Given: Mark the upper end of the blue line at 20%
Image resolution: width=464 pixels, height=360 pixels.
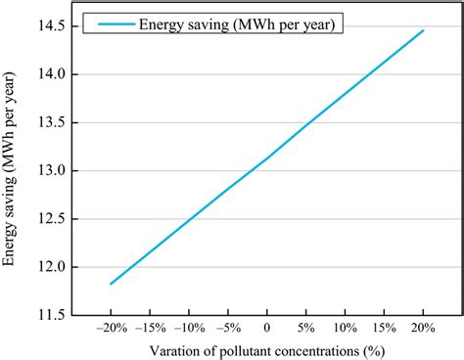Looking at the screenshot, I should point(423,30).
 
